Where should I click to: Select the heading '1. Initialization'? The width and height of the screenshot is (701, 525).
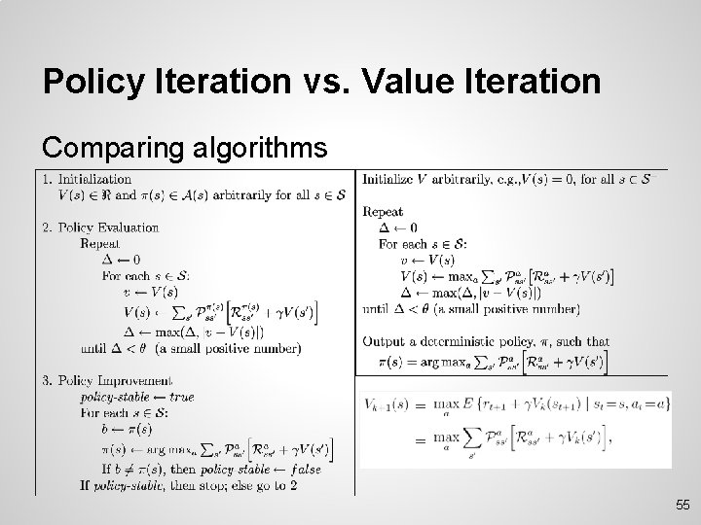click(x=87, y=179)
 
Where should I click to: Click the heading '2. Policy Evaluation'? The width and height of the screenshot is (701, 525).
click(x=99, y=227)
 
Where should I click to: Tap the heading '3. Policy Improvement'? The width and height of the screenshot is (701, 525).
click(x=106, y=380)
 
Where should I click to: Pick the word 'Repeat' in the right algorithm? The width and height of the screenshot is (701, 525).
click(x=384, y=211)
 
